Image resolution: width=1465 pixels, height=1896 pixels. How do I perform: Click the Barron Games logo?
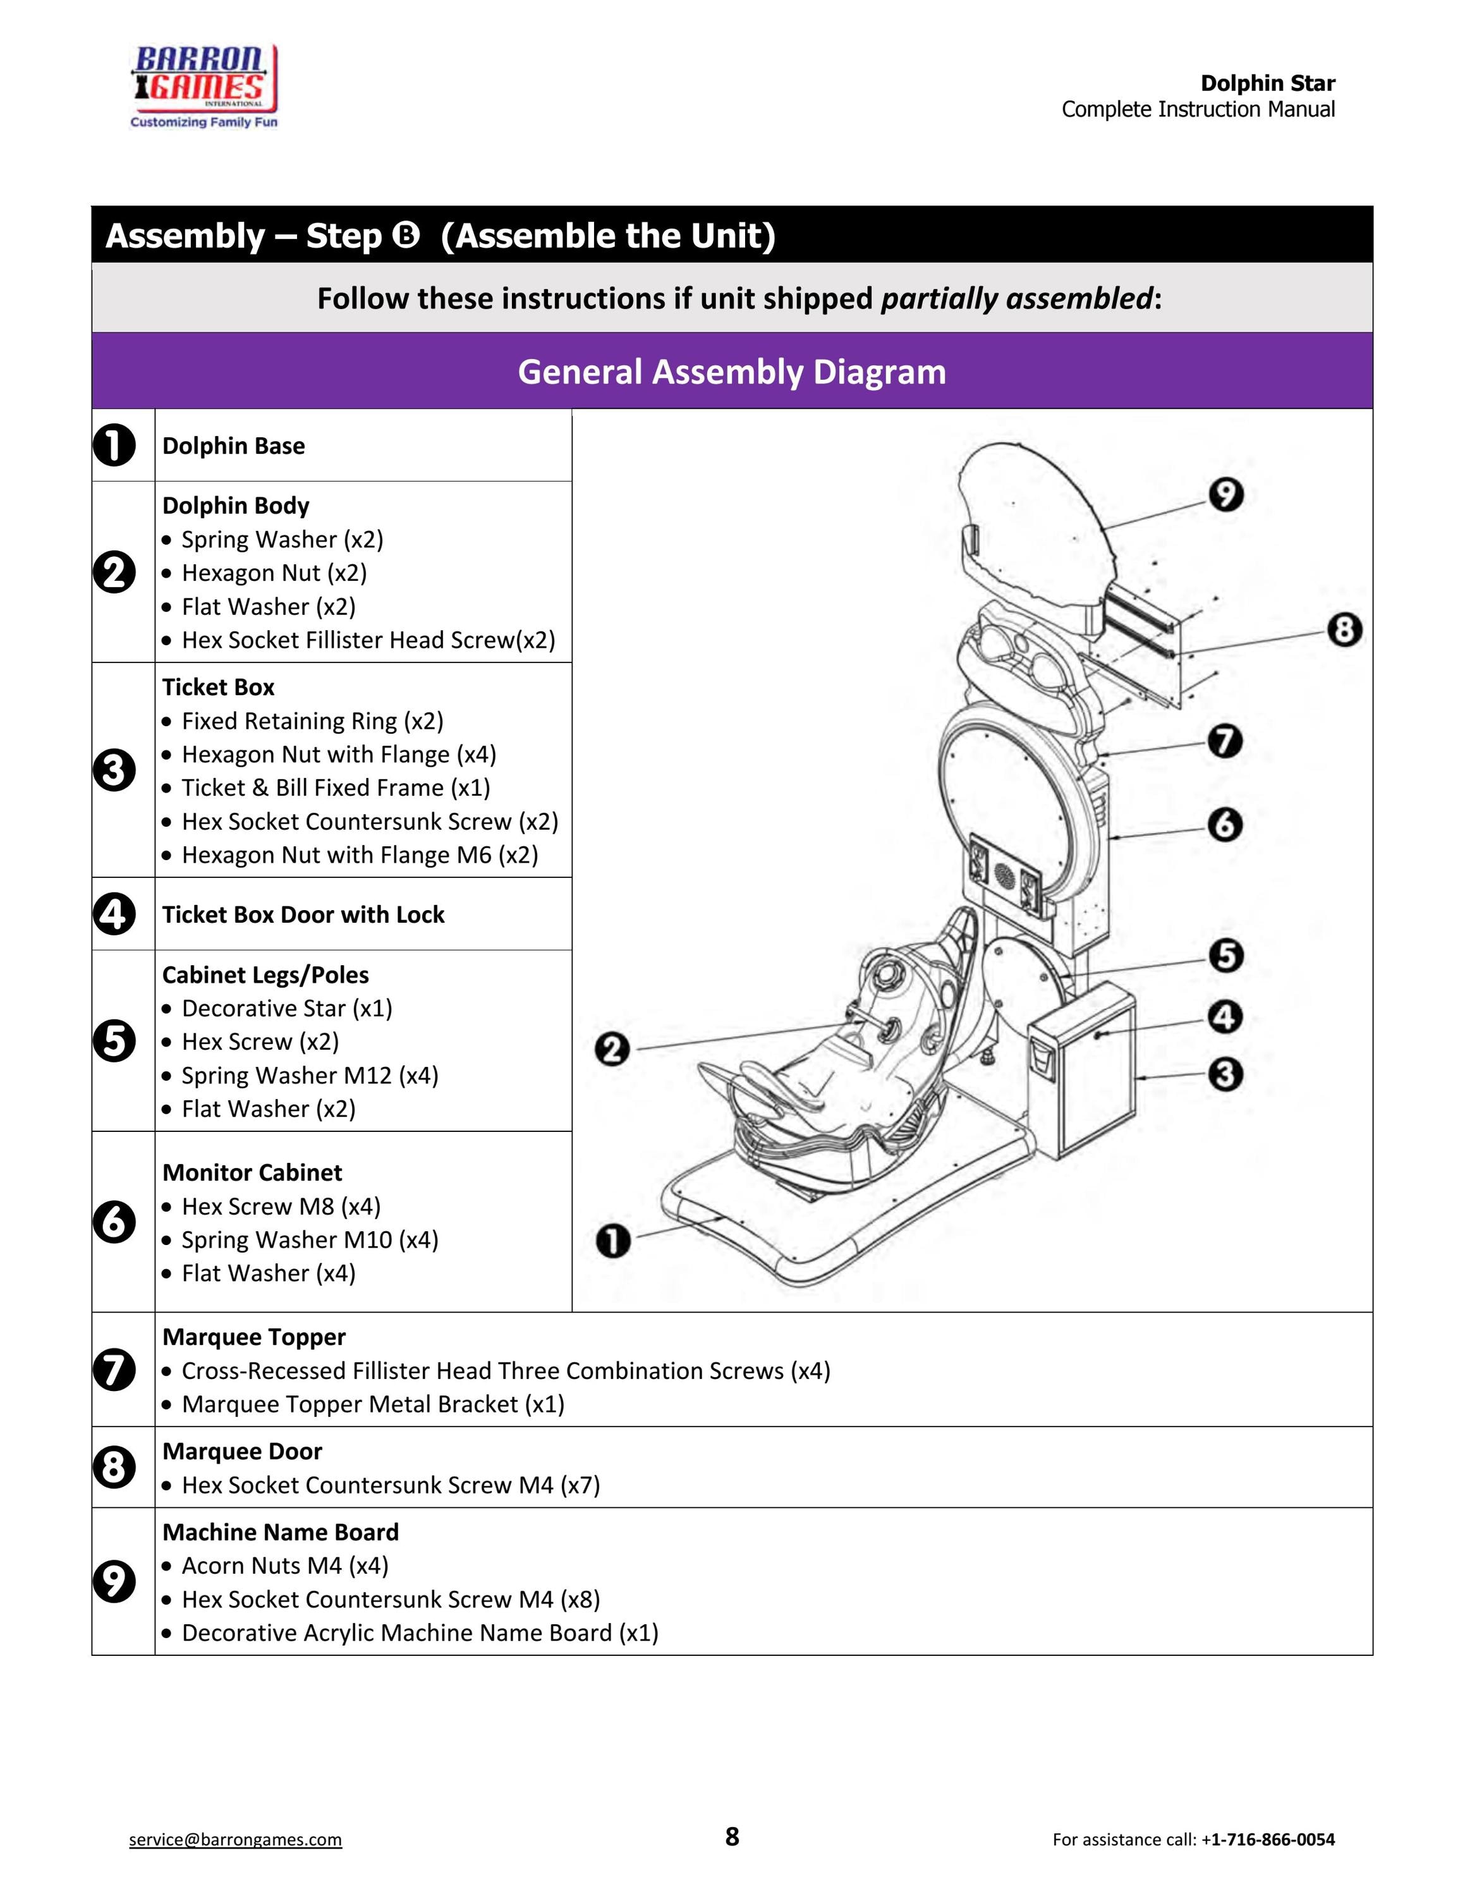coord(204,87)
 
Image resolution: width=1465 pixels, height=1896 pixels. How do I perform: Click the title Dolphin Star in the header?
coord(1268,83)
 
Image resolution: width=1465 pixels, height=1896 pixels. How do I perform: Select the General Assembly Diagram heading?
coord(732,372)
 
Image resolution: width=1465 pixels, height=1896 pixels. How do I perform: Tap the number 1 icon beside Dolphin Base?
coord(114,446)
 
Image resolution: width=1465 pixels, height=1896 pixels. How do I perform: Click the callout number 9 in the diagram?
coord(1225,495)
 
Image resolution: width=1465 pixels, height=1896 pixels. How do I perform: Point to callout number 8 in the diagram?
coord(1344,629)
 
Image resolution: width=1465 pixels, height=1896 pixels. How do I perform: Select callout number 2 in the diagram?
coord(612,1050)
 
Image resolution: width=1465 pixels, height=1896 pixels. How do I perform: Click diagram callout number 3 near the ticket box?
coord(1225,1075)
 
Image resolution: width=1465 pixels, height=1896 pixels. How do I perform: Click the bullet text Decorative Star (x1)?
coord(286,1008)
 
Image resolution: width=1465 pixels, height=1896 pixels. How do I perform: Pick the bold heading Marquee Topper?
coord(253,1337)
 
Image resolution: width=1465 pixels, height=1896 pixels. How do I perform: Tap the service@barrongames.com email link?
coord(235,1840)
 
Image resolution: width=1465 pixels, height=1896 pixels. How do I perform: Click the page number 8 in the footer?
coord(732,1837)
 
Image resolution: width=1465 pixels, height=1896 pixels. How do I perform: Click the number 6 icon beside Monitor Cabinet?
coord(114,1222)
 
